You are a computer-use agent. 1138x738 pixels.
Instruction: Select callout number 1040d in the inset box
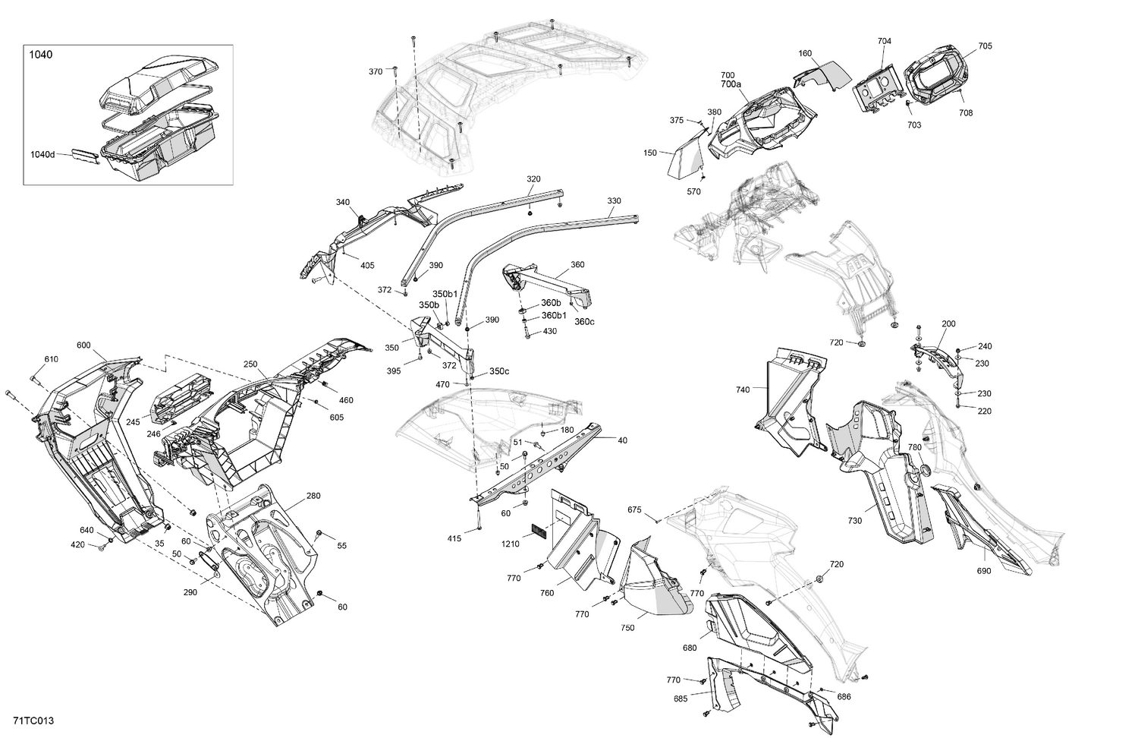click(x=42, y=154)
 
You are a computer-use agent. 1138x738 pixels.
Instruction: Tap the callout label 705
click(x=985, y=46)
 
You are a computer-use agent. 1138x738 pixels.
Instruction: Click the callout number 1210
click(x=510, y=544)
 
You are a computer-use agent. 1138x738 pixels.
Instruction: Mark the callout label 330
click(x=614, y=201)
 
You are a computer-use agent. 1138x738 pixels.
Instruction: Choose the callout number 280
click(x=313, y=496)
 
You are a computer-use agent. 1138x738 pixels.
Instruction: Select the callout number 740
click(x=742, y=389)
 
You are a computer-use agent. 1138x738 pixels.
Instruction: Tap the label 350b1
click(x=445, y=294)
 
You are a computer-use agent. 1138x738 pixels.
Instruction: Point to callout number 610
click(x=51, y=359)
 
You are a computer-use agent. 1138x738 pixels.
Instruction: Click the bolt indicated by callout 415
click(x=480, y=526)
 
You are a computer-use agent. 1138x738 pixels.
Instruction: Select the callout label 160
click(x=805, y=54)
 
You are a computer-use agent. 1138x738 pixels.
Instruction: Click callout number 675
click(x=635, y=509)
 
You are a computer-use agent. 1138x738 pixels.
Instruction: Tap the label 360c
click(x=584, y=321)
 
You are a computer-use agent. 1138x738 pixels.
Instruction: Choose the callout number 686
click(x=844, y=695)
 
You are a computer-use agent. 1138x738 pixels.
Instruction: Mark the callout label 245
click(x=133, y=422)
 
